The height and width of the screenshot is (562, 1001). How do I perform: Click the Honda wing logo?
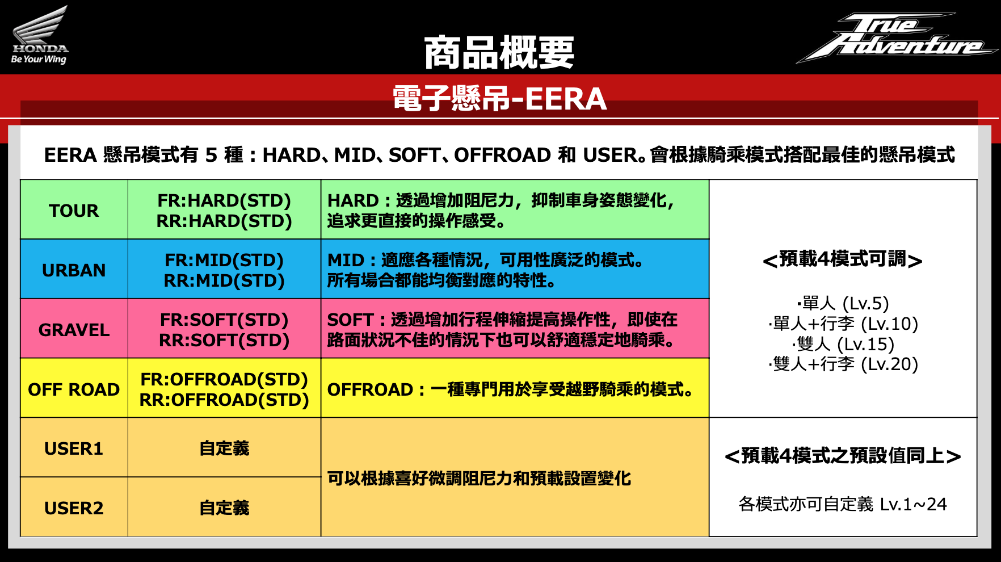point(40,35)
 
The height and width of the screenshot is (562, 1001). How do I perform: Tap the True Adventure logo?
point(897,37)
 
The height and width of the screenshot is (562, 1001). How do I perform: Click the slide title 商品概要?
point(499,53)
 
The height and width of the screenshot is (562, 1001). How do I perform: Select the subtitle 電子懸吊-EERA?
point(499,98)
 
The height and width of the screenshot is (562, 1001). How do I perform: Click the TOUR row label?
point(74,211)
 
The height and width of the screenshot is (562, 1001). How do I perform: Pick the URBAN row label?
point(74,270)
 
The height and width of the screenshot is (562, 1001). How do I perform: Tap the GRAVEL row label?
point(74,330)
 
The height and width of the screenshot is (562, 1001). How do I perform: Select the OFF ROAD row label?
point(74,389)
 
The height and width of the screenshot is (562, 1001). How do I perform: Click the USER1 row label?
point(74,448)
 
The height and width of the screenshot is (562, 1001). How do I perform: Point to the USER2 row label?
point(74,508)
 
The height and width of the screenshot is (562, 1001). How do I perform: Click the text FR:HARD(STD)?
point(224,200)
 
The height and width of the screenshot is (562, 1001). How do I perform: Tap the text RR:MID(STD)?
point(224,280)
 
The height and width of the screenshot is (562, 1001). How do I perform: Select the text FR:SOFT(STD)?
point(224,320)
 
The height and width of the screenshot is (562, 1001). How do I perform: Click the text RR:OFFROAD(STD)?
point(224,400)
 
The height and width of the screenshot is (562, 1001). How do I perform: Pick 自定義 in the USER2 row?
point(224,508)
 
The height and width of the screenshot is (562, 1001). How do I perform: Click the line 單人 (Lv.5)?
point(843,303)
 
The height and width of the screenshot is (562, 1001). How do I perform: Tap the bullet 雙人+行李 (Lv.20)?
point(843,364)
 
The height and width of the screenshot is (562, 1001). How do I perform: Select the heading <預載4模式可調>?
point(843,259)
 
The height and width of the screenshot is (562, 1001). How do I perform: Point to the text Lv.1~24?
point(914,504)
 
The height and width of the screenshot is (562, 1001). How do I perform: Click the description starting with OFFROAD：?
point(510,389)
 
